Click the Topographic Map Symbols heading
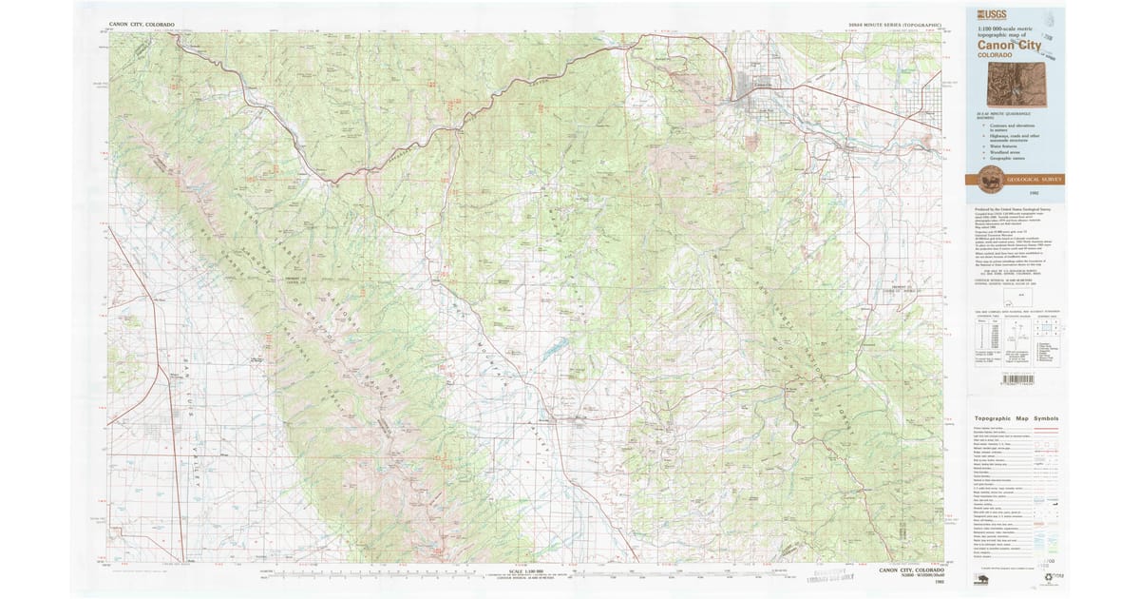coord(1016,418)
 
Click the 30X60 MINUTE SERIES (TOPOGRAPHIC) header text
coord(895,24)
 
